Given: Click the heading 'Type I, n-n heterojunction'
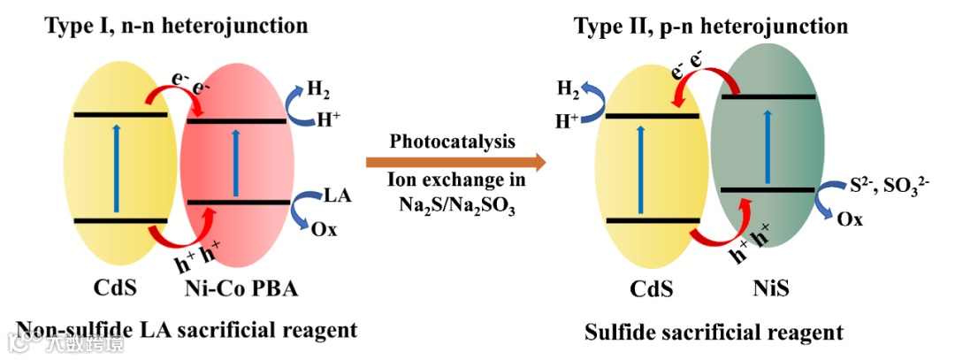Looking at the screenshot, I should (x=176, y=25).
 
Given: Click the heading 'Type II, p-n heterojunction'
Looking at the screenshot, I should (x=711, y=27).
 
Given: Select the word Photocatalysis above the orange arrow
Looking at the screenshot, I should (x=453, y=142).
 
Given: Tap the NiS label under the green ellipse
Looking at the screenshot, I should (x=773, y=288).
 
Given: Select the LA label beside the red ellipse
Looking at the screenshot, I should (x=338, y=195).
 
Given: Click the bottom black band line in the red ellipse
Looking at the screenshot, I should (x=238, y=203).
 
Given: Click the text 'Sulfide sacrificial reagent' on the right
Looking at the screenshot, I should (x=714, y=333).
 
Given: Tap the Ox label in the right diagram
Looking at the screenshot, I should (x=851, y=219).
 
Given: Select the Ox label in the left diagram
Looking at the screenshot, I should (x=324, y=229).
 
